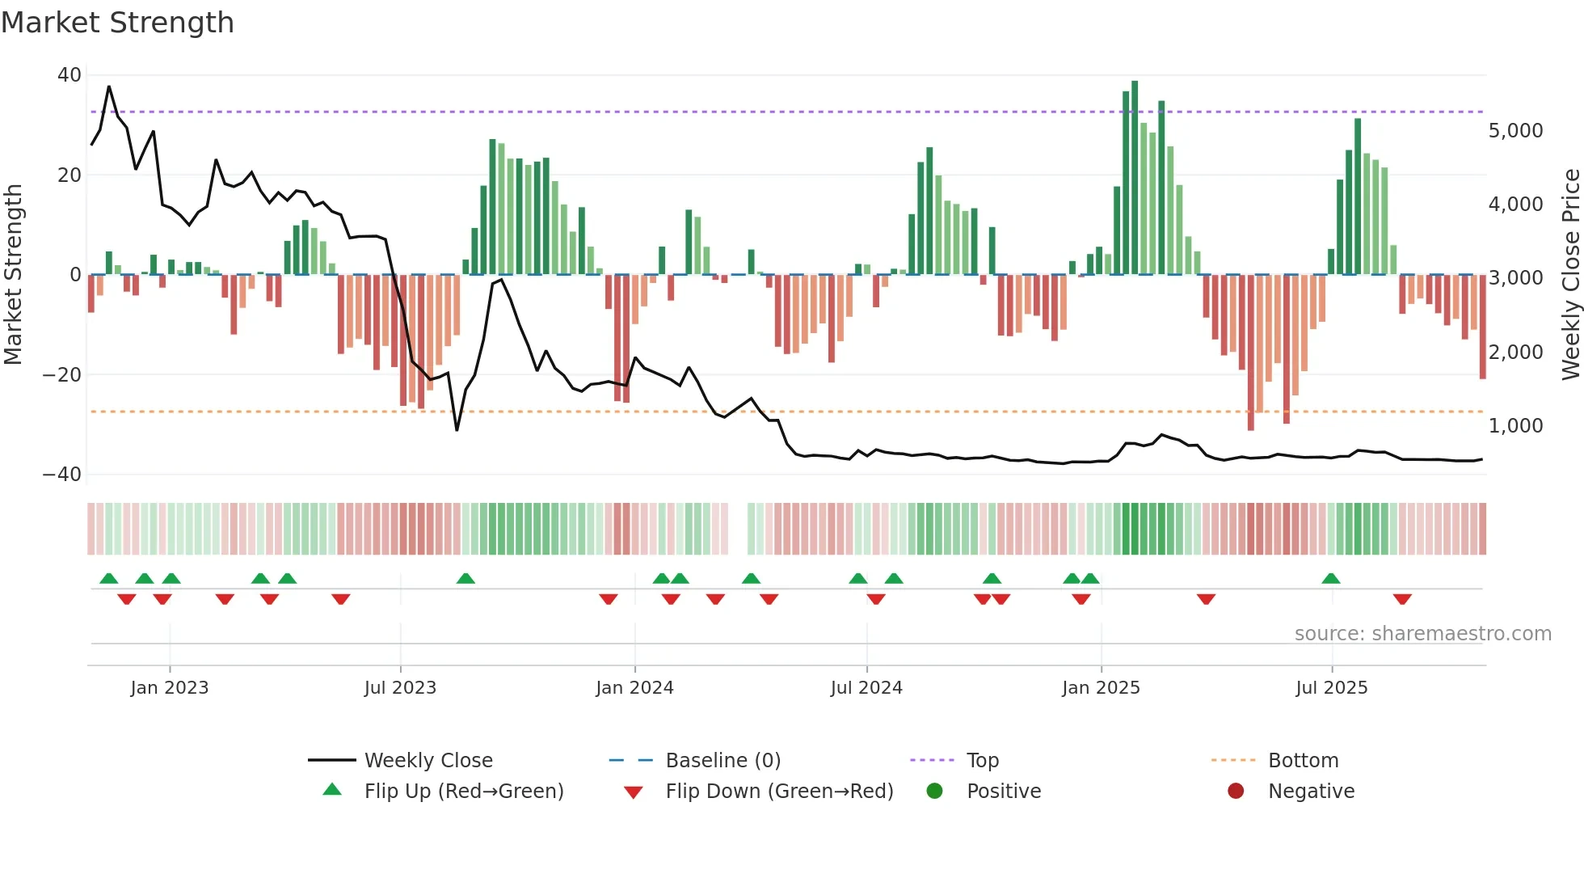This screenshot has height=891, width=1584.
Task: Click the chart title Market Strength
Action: (117, 23)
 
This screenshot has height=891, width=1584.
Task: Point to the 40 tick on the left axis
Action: (69, 75)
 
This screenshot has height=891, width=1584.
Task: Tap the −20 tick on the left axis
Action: (62, 375)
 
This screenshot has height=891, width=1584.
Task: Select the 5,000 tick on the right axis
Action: (1515, 131)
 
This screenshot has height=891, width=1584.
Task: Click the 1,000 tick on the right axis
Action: (1515, 426)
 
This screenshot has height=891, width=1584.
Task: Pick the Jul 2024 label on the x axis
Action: (866, 688)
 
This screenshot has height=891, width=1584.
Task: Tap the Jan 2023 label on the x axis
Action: (169, 688)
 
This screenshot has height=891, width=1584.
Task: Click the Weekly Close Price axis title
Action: (1570, 275)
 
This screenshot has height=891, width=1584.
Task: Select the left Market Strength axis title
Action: (14, 275)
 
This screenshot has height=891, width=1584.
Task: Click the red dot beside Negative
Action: (1235, 792)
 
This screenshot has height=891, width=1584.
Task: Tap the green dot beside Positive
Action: (934, 792)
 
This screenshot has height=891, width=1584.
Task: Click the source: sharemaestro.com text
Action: (1422, 634)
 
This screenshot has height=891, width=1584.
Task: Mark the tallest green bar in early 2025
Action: (1135, 178)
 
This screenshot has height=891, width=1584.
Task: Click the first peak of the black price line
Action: (109, 87)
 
